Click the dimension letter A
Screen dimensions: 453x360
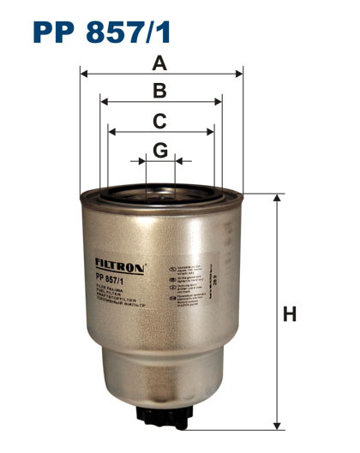coord(160,63)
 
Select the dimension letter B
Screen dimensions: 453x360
coord(160,91)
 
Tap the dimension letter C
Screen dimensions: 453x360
coord(160,121)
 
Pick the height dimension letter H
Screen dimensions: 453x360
coord(289,314)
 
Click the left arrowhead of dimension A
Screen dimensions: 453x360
coord(83,74)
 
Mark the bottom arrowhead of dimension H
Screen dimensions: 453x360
coord(276,425)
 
